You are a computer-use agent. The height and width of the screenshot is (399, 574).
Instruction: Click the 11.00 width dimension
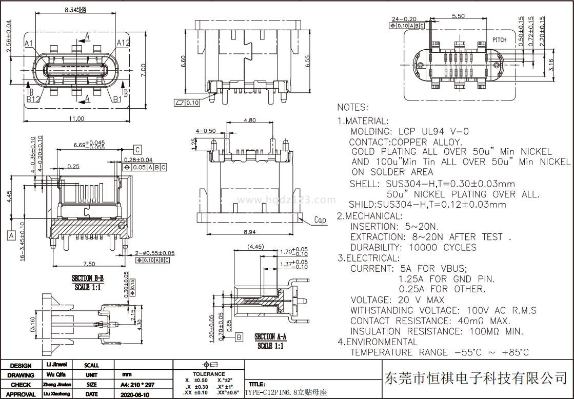click(76, 119)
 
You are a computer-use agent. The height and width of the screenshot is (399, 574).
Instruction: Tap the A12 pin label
click(123, 43)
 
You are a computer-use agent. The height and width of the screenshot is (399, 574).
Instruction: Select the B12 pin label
click(34, 99)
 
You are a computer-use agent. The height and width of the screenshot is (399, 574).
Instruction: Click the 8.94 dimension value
click(249, 232)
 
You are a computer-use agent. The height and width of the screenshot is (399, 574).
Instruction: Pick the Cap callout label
click(320, 220)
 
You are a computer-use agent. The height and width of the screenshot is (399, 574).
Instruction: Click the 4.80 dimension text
click(249, 121)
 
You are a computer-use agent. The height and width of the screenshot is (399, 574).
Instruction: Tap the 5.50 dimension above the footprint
click(458, 16)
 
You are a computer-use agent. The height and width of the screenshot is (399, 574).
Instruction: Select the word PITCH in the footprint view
click(499, 40)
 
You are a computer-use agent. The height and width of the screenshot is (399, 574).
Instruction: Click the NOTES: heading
click(352, 107)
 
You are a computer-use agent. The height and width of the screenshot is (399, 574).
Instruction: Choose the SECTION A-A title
click(270, 337)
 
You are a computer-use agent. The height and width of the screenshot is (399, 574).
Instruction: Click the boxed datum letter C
click(137, 150)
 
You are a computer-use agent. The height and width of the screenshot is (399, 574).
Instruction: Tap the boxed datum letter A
click(11, 235)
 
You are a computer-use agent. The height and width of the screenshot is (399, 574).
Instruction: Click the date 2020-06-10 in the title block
click(134, 394)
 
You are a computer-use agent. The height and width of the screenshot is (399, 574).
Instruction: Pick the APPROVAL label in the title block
click(21, 394)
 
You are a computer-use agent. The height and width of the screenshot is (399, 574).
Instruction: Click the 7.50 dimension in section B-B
click(89, 264)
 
